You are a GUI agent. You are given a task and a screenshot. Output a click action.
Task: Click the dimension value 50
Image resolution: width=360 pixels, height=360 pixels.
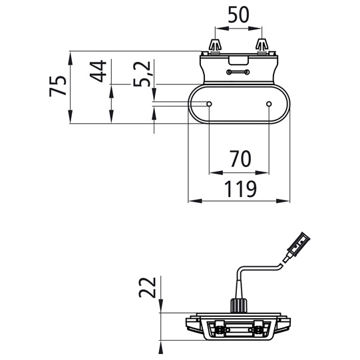pyautogui.click(x=238, y=15)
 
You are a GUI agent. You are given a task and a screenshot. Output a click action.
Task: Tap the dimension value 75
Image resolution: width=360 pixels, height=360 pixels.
pyautogui.click(x=58, y=86)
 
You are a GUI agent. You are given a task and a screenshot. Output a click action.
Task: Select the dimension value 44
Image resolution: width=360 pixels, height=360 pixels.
pyautogui.click(x=98, y=71)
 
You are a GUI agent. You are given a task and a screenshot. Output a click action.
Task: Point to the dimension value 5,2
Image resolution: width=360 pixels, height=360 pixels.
pyautogui.click(x=142, y=74)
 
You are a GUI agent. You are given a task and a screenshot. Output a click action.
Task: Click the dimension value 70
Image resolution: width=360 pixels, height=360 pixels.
pyautogui.click(x=240, y=158)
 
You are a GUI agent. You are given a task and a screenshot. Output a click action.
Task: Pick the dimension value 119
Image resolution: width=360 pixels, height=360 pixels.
pyautogui.click(x=240, y=189)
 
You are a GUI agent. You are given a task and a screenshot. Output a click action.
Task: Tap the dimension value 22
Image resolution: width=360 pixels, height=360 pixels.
pyautogui.click(x=148, y=287)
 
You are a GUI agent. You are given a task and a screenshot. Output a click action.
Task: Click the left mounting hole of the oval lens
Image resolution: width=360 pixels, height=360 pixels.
pyautogui.click(x=209, y=104)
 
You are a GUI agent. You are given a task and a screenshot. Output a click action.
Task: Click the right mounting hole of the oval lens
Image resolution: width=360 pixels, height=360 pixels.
pyautogui.click(x=269, y=104)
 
